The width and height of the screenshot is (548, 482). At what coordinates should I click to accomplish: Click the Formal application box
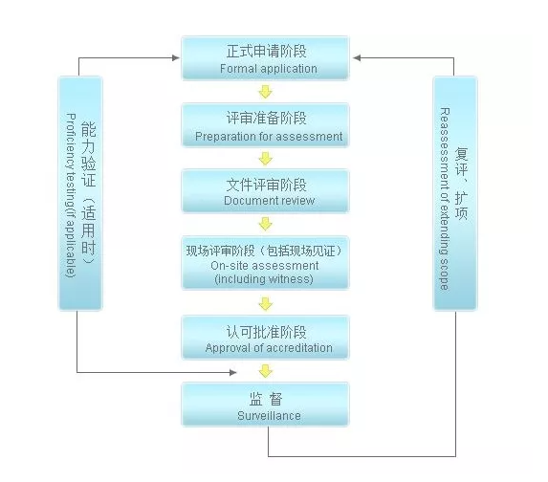tap(265, 58)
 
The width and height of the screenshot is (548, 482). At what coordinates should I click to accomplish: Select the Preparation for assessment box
tap(265, 125)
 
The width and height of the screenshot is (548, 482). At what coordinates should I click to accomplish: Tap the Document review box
tap(265, 191)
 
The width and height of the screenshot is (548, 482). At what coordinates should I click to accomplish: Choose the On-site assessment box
tap(265, 263)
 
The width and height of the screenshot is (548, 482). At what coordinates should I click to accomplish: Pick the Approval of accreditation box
tap(265, 338)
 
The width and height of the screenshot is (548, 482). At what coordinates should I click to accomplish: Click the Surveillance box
tap(265, 405)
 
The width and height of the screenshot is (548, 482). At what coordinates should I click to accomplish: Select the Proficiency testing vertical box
tap(80, 193)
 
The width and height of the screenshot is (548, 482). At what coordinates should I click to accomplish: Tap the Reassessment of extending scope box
tap(455, 193)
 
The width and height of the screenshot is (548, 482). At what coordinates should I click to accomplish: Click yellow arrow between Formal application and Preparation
tap(266, 92)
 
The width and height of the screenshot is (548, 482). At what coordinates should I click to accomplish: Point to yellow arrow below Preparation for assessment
tap(266, 159)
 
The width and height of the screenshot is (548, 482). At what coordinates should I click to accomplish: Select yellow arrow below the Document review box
tap(266, 224)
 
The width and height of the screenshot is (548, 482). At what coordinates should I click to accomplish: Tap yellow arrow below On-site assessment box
tap(266, 304)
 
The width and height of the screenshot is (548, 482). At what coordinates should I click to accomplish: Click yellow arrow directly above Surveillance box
tap(266, 371)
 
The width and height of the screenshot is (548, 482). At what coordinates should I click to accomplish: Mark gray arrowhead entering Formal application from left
tap(176, 58)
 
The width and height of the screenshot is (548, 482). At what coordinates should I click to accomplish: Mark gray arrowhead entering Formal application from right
tap(357, 58)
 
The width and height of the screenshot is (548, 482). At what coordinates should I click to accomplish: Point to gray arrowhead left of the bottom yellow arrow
tap(233, 373)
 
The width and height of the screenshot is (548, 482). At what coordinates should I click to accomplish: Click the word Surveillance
tap(269, 416)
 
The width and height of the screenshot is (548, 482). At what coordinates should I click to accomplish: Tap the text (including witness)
tap(264, 279)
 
